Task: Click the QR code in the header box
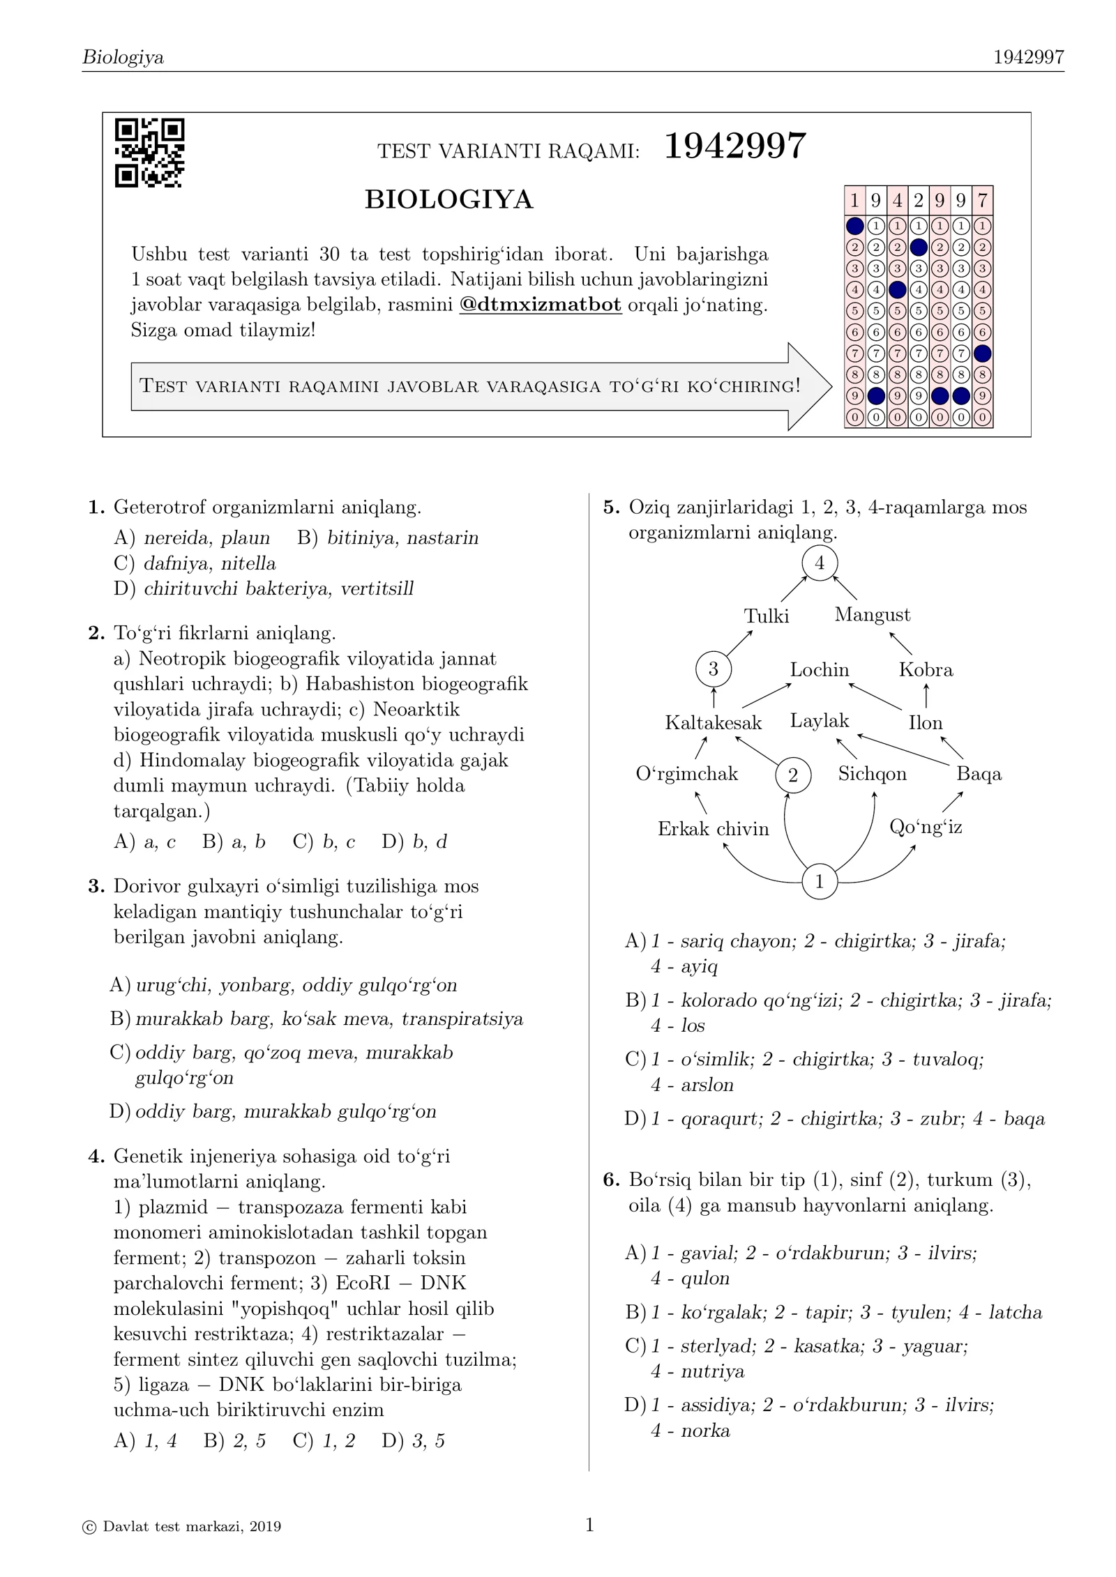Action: [x=149, y=153]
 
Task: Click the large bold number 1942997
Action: [x=734, y=147]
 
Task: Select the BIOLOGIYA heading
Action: [x=448, y=200]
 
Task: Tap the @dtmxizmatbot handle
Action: [x=540, y=305]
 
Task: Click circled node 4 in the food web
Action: [x=819, y=563]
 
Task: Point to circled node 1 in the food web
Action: [x=819, y=881]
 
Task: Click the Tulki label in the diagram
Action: [x=766, y=616]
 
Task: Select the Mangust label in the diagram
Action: [x=872, y=615]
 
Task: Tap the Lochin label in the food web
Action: [x=819, y=670]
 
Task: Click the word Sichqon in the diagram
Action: [x=872, y=774]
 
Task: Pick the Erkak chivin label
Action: [x=713, y=829]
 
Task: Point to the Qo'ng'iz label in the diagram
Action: [x=926, y=828]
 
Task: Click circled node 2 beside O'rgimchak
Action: [x=792, y=775]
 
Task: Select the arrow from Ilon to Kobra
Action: [x=926, y=696]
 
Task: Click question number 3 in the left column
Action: [x=96, y=887]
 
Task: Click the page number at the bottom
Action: [x=589, y=1525]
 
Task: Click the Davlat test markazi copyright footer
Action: [x=181, y=1527]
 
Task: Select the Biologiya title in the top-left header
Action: [x=123, y=57]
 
